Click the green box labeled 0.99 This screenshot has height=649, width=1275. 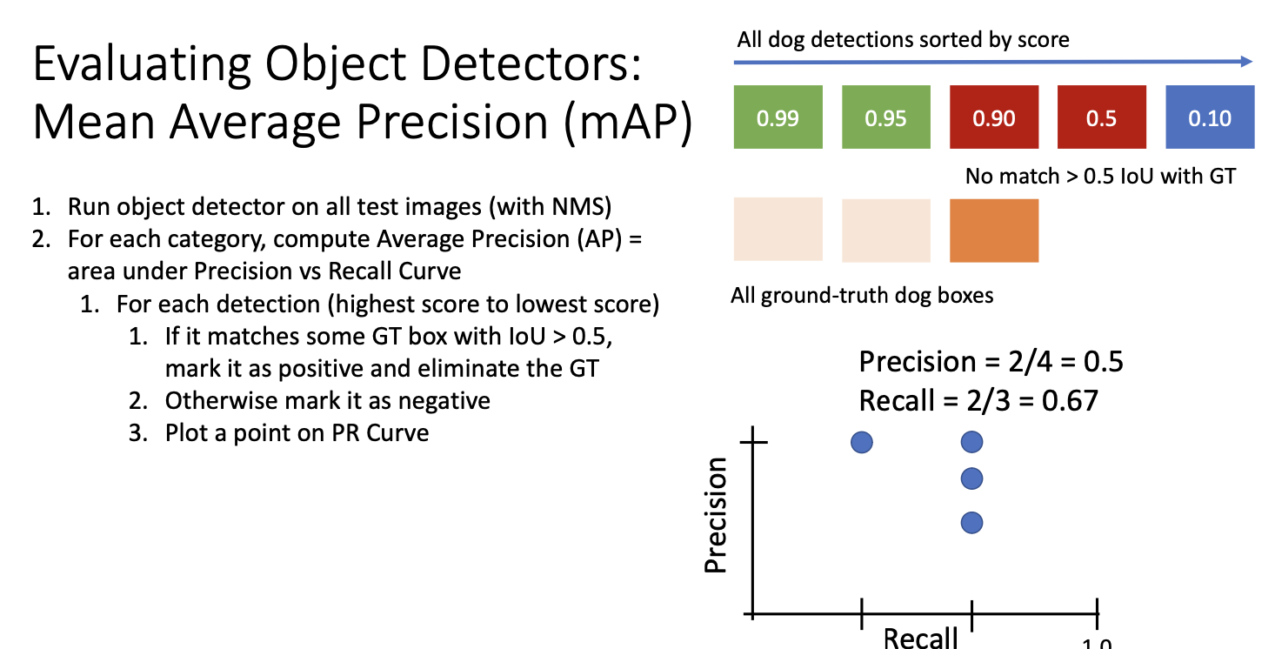pos(778,117)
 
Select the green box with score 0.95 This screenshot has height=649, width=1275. pos(885,117)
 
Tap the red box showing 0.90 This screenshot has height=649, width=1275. pos(994,117)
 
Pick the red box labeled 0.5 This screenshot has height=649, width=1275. pos(1101,117)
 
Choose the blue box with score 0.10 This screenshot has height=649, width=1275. pos(1210,117)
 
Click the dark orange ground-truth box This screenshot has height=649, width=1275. pos(994,230)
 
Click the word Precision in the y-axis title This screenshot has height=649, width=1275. pos(716,516)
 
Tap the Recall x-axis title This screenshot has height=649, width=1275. pos(920,638)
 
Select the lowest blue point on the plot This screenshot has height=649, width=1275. pos(972,523)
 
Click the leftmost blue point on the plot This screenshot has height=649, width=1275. pos(862,443)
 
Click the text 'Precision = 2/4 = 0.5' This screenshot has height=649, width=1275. pos(991,361)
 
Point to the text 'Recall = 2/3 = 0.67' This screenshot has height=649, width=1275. pos(978,401)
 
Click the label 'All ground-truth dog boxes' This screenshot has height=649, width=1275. pos(862,296)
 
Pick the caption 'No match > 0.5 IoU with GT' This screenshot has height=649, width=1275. pos(1100,177)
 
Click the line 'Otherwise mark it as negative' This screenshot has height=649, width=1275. pos(328,400)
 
